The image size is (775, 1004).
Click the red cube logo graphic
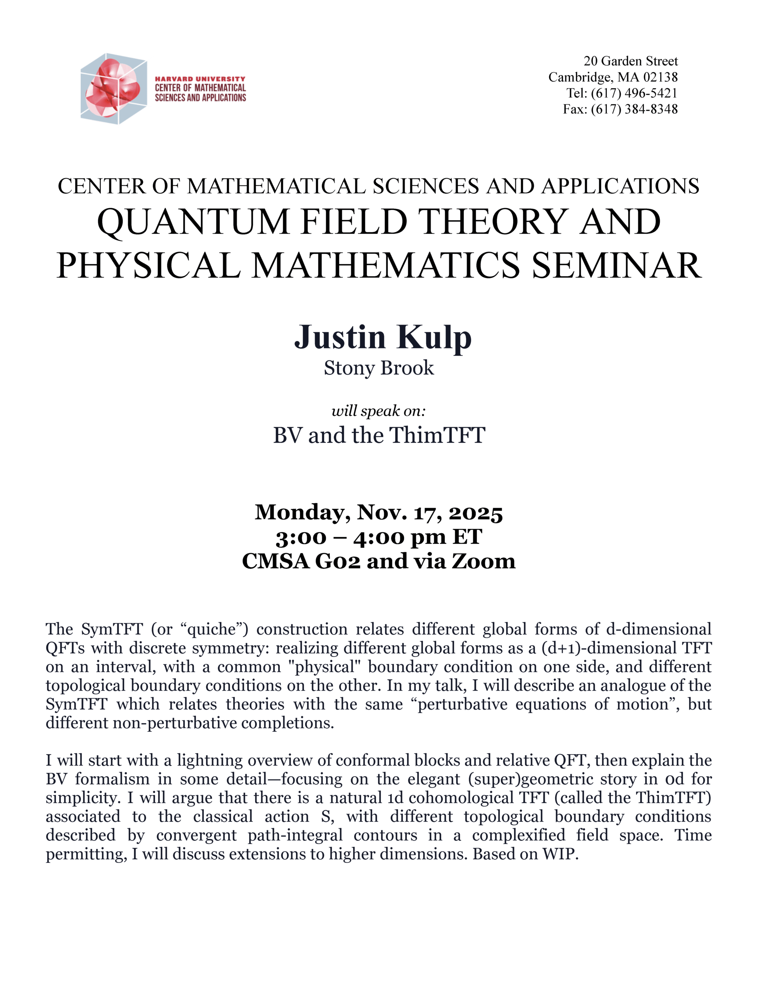pos(114,88)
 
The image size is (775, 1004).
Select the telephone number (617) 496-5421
pos(634,93)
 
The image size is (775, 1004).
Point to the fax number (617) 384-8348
pos(634,109)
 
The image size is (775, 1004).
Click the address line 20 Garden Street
pos(630,61)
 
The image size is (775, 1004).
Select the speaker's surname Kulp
pos(434,338)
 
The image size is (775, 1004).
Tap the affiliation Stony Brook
pos(378,368)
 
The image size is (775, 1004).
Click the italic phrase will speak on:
pos(378,411)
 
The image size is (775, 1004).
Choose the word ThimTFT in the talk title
pos(437,435)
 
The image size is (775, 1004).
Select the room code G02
pos(338,561)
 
